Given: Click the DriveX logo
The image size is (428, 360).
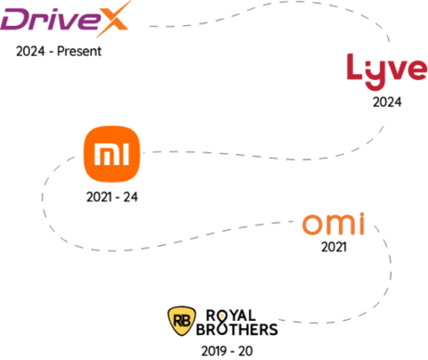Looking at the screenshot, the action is click(65, 19).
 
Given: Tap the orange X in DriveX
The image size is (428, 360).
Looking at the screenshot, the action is click(112, 19).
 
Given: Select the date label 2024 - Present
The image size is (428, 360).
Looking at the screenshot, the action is click(59, 51).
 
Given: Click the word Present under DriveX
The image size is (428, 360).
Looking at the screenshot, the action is click(79, 51).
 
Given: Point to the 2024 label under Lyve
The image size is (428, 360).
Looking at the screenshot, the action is click(387, 102).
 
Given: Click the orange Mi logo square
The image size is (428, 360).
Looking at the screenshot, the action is click(111, 154).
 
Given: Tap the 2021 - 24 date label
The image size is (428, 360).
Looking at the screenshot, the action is click(112, 197).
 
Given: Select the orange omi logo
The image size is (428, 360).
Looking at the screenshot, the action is click(333, 224).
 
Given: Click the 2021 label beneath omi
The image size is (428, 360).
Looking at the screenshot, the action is click(333, 247).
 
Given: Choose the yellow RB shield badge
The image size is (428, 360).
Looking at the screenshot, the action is click(182, 321).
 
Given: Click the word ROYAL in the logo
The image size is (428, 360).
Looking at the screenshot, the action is click(231, 315).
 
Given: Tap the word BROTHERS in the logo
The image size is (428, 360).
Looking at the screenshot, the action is click(237, 330).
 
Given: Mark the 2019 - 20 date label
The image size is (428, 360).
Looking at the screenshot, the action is click(227, 351).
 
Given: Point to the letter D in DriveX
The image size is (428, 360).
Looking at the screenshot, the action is click(15, 20).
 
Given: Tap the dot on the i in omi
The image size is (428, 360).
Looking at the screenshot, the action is click(361, 215).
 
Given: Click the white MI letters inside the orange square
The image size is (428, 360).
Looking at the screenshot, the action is click(111, 154).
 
